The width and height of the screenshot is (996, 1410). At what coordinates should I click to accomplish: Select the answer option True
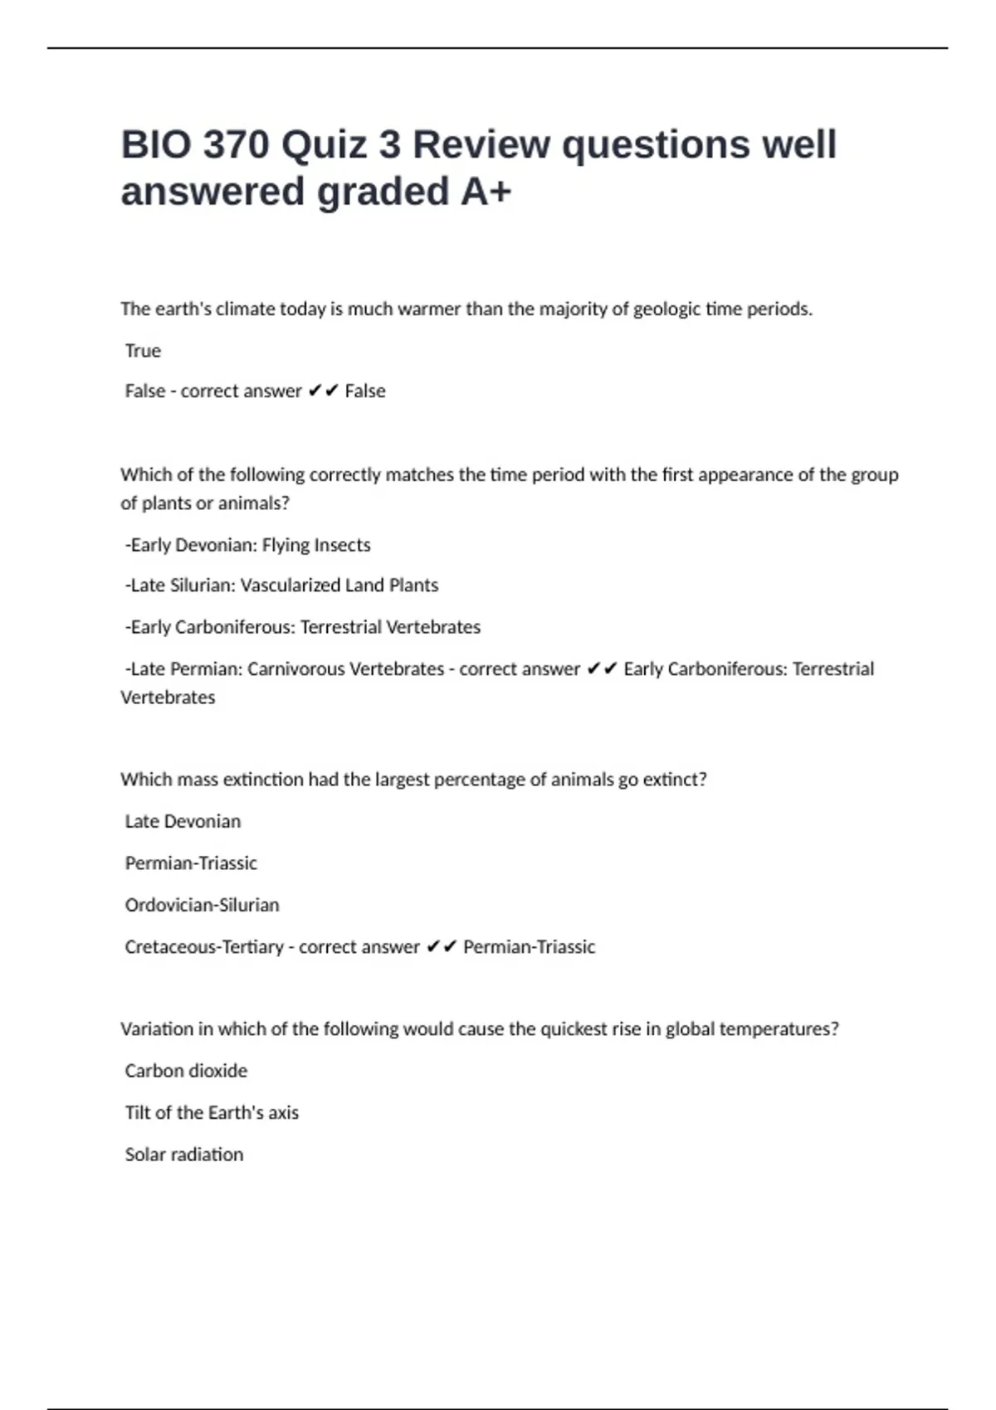point(143,351)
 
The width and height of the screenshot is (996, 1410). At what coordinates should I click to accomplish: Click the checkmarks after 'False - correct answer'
point(323,391)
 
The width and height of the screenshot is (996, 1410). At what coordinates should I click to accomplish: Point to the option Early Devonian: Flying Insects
point(248,545)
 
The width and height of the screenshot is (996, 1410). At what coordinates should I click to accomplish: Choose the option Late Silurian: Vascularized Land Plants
point(282,586)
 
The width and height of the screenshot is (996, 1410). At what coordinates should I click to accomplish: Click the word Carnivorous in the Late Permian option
point(297,669)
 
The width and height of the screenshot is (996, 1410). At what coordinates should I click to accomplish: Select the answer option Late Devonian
point(183,821)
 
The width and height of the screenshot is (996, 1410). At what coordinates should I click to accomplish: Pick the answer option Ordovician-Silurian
point(202,905)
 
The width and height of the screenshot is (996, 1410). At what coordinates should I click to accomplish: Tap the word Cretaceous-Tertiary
point(204,947)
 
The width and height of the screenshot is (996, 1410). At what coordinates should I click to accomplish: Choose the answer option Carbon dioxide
point(186,1071)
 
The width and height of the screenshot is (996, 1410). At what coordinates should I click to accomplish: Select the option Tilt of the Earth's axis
point(212,1113)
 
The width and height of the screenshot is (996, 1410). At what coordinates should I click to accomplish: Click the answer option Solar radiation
point(184,1155)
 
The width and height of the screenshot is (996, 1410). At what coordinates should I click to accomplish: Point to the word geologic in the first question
point(666,309)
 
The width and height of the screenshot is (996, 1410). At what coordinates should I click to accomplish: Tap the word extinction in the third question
point(263,780)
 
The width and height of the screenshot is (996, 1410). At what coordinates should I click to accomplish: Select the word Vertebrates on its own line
point(168,698)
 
